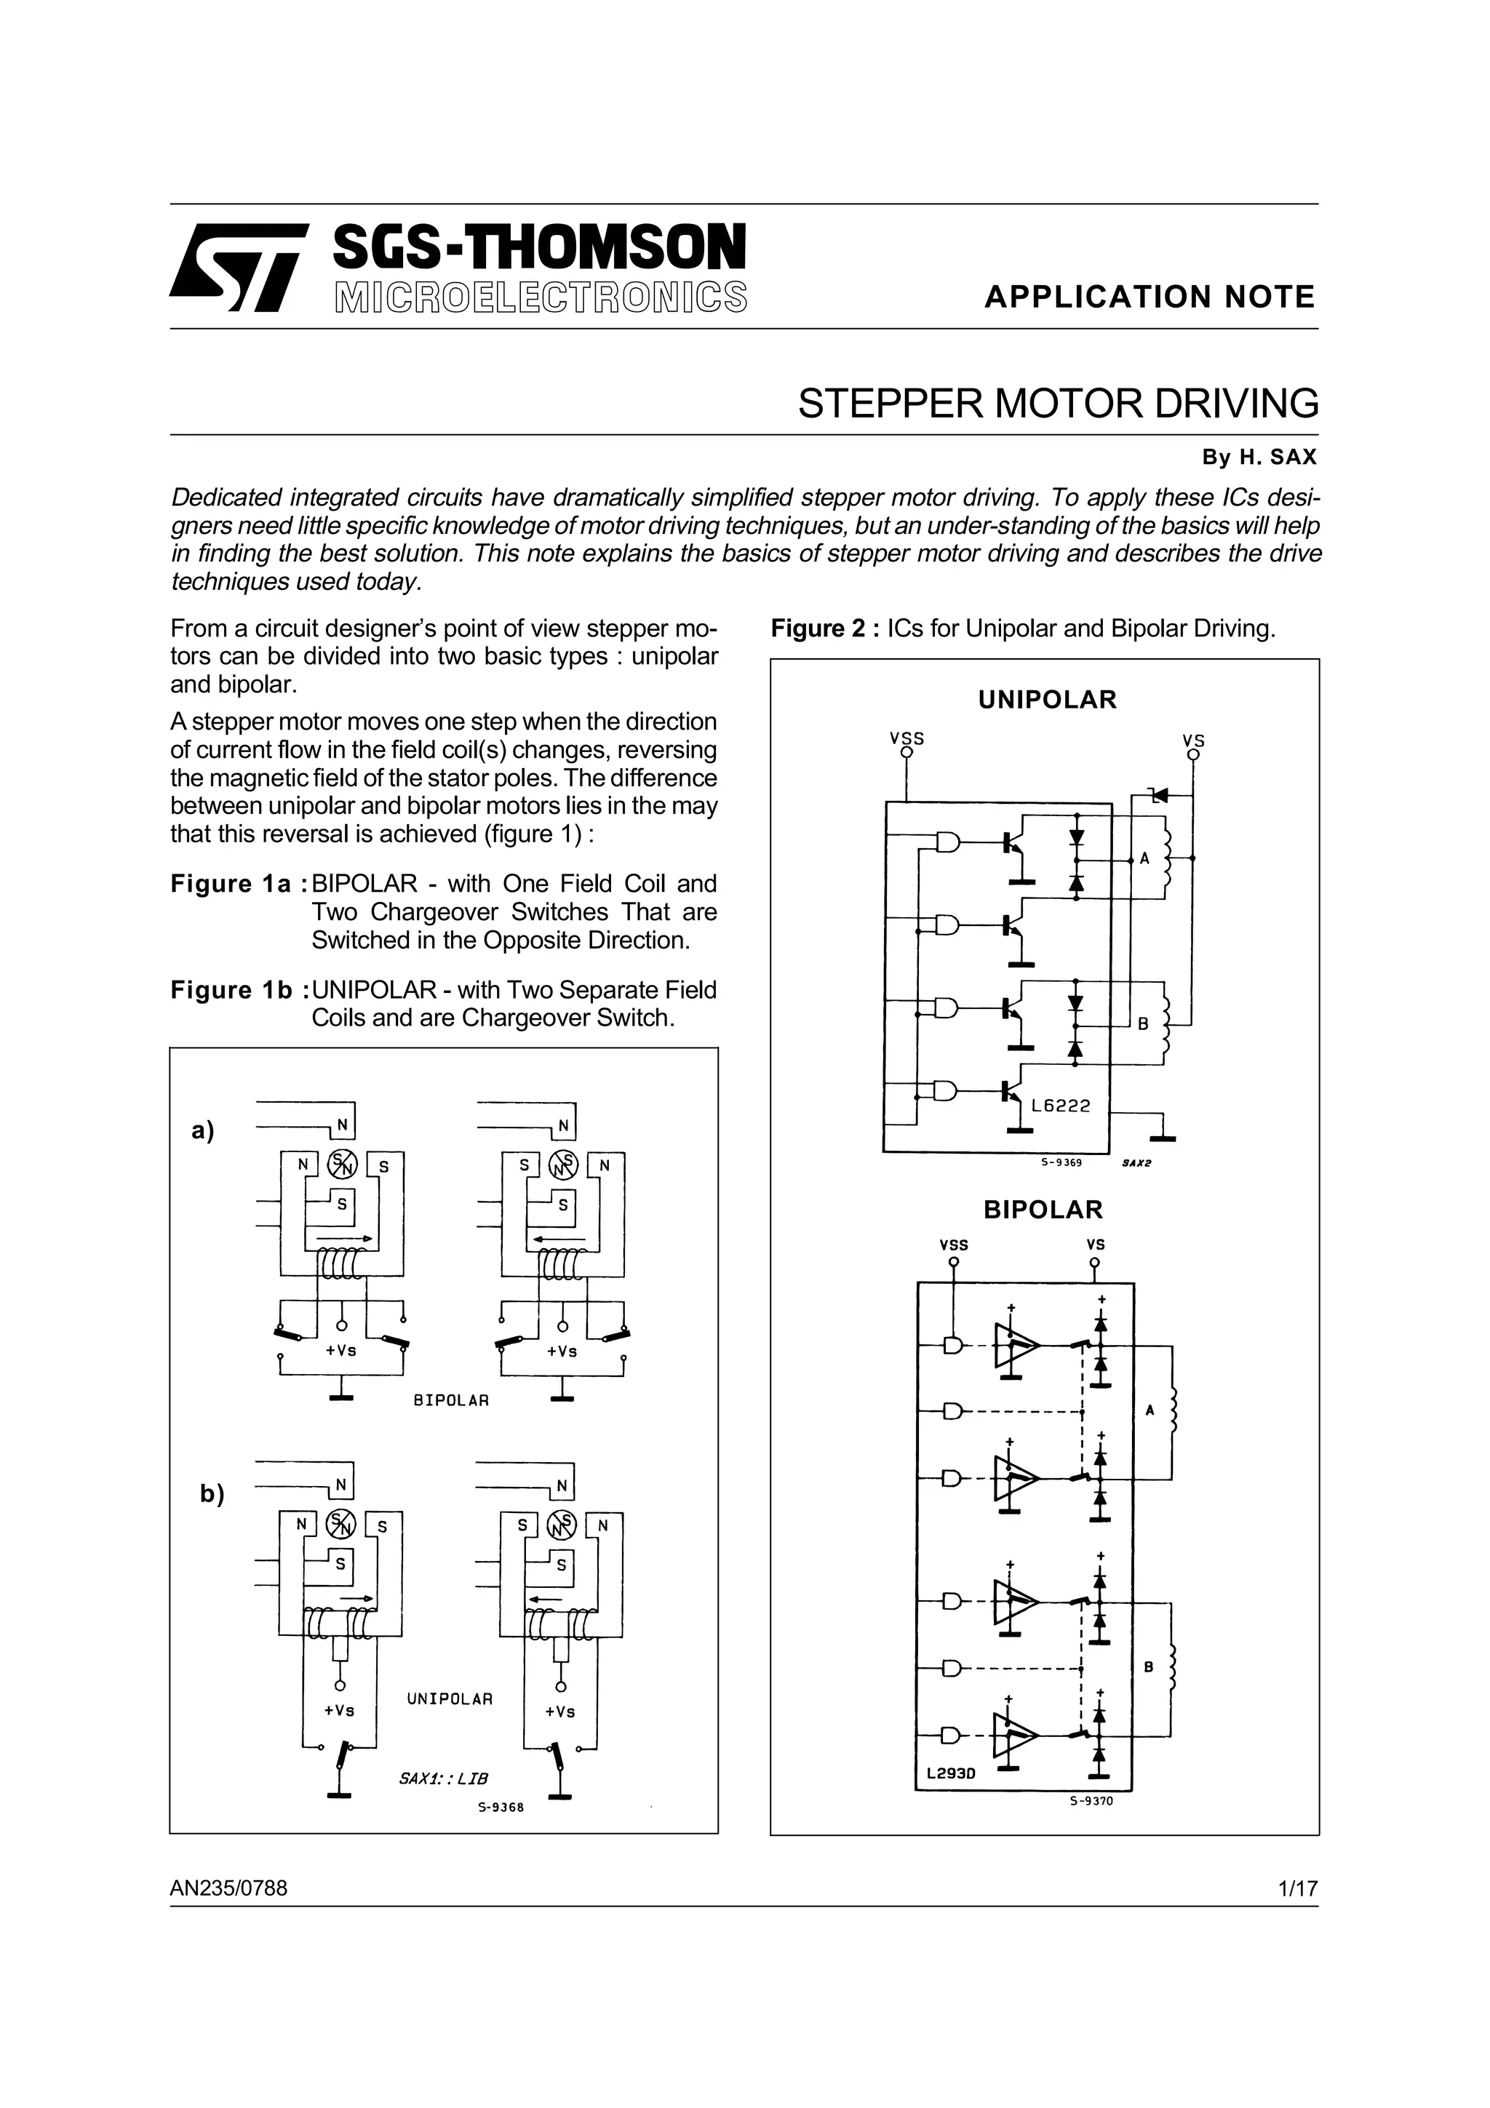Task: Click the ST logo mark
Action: (x=238, y=267)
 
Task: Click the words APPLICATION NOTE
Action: (x=1150, y=297)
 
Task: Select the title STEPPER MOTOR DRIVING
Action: (x=1058, y=404)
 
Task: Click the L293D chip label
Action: (x=950, y=1773)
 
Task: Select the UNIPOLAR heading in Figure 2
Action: (x=1047, y=700)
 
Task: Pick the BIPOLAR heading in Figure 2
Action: (x=1043, y=1209)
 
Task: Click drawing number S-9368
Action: (x=501, y=1807)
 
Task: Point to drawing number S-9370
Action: (x=1091, y=1800)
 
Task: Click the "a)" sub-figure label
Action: (x=203, y=1130)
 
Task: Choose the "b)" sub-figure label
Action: (x=212, y=1494)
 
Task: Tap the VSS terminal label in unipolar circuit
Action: (x=906, y=738)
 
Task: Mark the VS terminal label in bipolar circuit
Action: (x=1095, y=1245)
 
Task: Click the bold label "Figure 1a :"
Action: (x=238, y=884)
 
